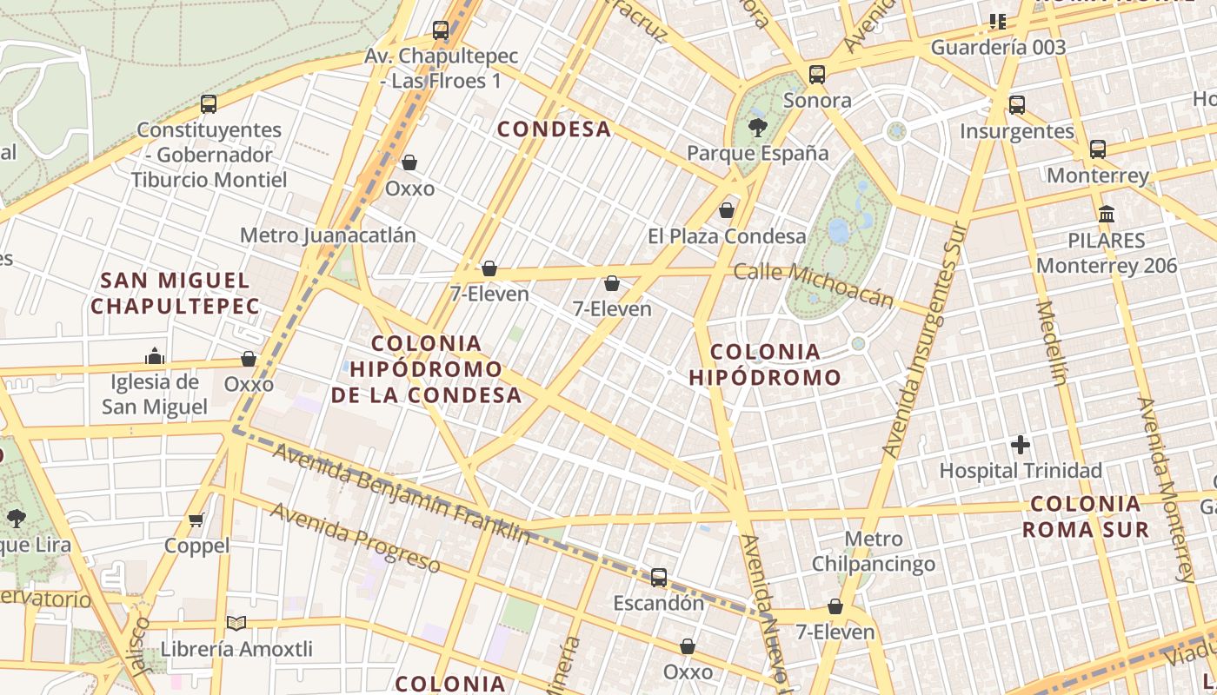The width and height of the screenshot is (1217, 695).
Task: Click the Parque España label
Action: (x=757, y=154)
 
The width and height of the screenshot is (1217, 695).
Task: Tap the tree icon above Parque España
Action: (x=758, y=129)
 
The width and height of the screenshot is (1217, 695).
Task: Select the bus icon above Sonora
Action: (x=816, y=75)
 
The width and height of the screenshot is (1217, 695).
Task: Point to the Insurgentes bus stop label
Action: (x=1016, y=131)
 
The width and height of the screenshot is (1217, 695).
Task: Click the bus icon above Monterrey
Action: (x=1098, y=149)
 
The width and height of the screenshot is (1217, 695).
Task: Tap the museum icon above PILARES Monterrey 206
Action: (x=1107, y=214)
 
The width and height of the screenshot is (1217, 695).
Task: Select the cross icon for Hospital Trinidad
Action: (x=1021, y=446)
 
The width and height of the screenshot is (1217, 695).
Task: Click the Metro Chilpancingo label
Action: (x=873, y=551)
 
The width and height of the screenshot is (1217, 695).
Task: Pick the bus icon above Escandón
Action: (x=659, y=578)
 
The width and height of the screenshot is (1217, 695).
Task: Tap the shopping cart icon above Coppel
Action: (x=196, y=520)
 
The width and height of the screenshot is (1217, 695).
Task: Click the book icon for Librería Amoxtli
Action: (x=236, y=623)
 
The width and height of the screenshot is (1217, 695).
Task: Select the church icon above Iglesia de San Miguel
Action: (x=155, y=356)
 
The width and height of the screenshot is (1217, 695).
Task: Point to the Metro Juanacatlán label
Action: (x=328, y=235)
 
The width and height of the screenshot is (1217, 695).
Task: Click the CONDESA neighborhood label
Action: (x=554, y=129)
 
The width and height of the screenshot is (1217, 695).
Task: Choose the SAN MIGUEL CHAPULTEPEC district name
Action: (x=175, y=293)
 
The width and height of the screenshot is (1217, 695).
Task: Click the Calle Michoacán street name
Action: (x=813, y=284)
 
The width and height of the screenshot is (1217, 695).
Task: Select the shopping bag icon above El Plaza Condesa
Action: (x=727, y=210)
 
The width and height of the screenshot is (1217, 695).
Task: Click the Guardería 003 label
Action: (x=998, y=47)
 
